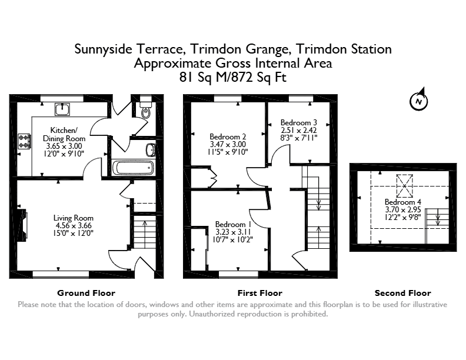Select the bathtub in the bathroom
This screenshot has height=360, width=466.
pos(134,168)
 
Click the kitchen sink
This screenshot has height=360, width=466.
pos(62,109)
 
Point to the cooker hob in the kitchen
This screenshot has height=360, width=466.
pos(24,141)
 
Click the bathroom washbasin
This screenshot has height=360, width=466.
pos(151,150)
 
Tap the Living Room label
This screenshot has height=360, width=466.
pos(74,218)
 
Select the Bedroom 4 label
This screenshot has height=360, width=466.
pos(402,202)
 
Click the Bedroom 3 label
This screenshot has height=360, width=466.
pos(299,122)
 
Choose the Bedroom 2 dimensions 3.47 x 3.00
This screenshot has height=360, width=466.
pos(228,144)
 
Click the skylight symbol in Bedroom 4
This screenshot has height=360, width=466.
pos(404,186)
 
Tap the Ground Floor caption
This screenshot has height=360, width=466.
pos(86,293)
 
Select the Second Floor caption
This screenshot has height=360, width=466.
pos(402,293)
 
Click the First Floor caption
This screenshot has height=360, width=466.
pos(259,293)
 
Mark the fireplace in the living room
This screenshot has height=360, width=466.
pos(22,225)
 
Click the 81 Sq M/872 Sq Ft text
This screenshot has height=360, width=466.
pos(232,78)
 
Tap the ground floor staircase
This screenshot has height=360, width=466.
pos(145,232)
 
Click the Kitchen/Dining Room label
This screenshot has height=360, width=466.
pos(64,134)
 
